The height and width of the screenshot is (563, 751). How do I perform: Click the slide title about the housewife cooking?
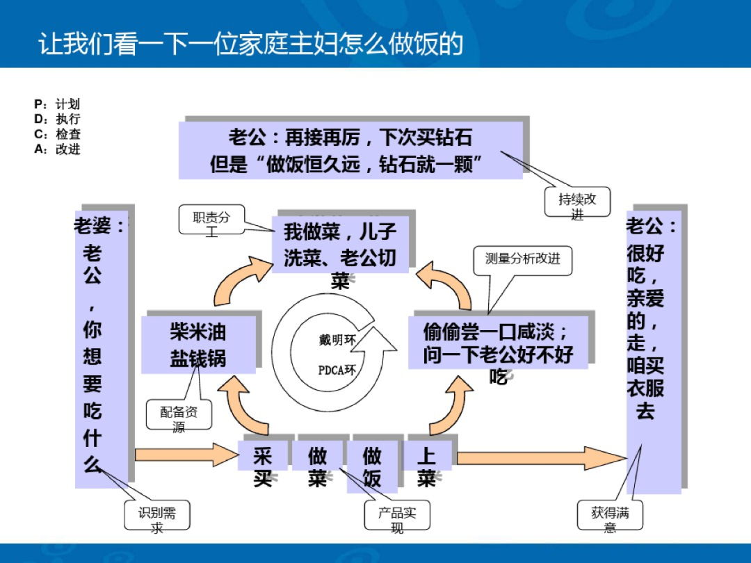[250, 43]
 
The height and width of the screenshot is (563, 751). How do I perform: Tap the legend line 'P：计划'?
[57, 104]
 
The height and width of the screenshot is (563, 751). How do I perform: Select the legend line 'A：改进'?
[57, 149]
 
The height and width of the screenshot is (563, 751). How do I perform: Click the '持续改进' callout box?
[577, 204]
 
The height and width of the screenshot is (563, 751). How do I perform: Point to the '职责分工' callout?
[211, 222]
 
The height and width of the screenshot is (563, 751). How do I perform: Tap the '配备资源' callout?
[179, 417]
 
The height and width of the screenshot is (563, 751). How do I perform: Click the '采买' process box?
[263, 466]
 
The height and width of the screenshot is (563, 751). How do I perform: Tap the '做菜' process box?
[318, 466]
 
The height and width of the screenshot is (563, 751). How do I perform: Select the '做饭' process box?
[372, 466]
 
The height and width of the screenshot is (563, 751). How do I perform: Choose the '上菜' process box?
[426, 466]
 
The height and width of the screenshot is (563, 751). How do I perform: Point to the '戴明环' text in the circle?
[337, 340]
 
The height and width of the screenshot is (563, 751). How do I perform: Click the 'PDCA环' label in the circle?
[337, 370]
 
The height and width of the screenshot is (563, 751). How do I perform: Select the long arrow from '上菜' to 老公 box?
[541, 458]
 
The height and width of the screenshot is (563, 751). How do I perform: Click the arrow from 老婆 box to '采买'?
[185, 455]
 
